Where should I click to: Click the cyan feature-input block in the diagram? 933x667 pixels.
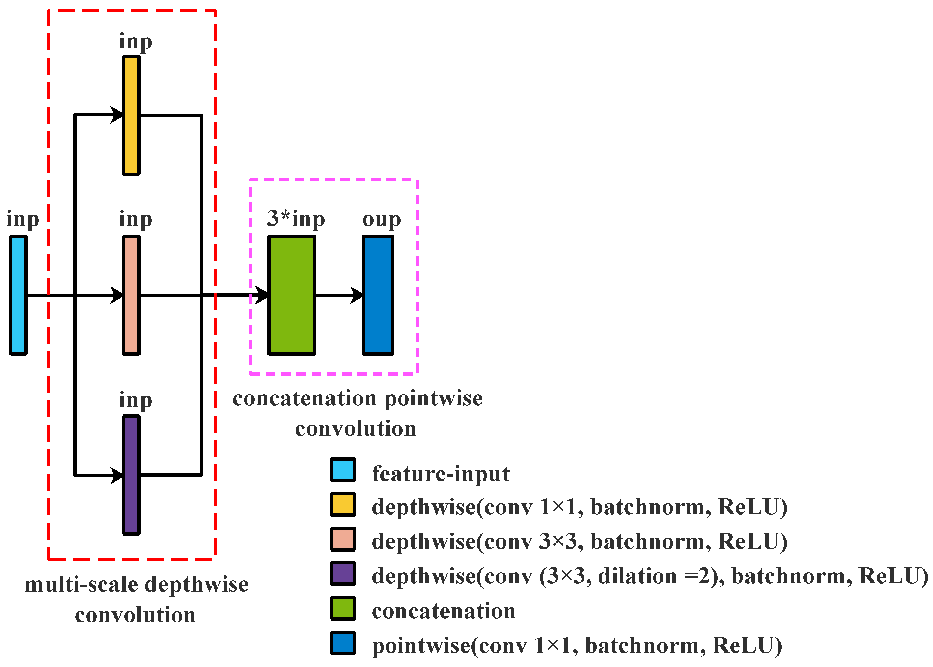coord(18,295)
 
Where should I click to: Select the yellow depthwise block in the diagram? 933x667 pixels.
coord(131,115)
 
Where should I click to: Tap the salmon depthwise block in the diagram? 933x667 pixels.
coord(131,295)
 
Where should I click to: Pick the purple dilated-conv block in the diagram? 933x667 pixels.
coord(131,475)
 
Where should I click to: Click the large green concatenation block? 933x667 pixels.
coord(292,295)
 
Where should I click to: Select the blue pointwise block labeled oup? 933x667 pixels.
coord(378,295)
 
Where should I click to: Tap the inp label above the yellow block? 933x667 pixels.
coord(136,41)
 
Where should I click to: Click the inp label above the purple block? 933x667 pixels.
coord(136,400)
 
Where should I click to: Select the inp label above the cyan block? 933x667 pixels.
coord(23,219)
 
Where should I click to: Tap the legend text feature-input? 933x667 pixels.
coord(441,474)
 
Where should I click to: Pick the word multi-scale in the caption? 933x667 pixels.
coord(81,584)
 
